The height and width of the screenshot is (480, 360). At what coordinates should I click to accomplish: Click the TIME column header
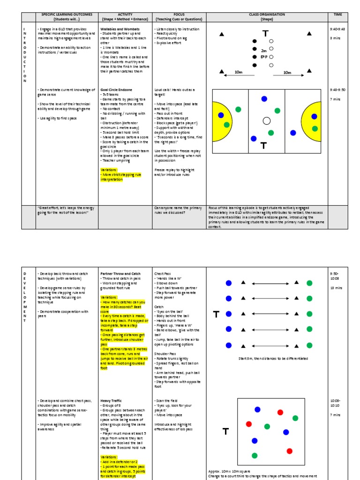tap(338, 15)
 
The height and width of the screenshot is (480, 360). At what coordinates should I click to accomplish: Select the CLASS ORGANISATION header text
tap(267, 15)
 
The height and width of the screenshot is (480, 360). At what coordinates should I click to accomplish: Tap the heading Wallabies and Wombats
tap(117, 29)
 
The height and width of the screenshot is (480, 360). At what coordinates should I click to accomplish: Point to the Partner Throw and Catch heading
tap(120, 274)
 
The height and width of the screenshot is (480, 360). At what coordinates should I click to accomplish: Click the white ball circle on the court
tap(267, 121)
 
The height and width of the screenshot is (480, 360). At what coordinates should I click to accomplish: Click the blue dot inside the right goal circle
tap(314, 116)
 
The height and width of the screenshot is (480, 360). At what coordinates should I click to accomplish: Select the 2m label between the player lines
tap(264, 50)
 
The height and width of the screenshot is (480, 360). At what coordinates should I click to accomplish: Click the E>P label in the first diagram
tap(264, 57)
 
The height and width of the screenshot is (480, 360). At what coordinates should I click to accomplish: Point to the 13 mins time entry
tap(335, 288)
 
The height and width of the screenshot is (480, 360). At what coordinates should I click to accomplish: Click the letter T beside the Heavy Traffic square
tap(226, 432)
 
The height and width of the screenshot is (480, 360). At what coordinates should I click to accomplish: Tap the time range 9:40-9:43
tap(337, 29)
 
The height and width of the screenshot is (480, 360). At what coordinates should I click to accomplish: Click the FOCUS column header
tap(179, 15)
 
